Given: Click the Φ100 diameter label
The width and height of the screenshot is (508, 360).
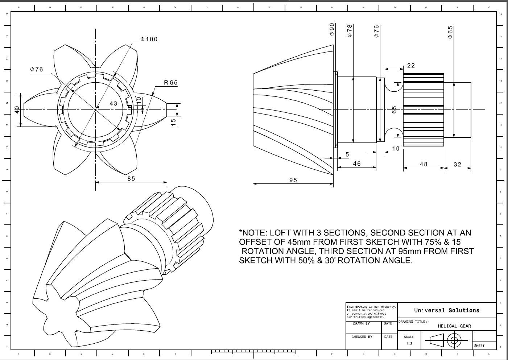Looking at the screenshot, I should click(x=149, y=39).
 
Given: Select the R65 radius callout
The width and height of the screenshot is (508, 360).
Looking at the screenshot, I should click(x=171, y=83).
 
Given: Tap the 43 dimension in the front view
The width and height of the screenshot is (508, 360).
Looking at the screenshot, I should click(x=113, y=104).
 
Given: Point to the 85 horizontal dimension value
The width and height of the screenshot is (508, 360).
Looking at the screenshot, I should click(x=131, y=178).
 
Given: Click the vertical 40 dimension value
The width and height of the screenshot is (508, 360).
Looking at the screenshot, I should click(x=17, y=109).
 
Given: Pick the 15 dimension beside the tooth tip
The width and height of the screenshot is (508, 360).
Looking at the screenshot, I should click(x=174, y=122).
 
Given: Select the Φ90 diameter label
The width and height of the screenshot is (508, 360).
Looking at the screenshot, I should click(x=332, y=29).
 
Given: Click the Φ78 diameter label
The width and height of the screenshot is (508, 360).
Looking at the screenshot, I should click(x=350, y=31).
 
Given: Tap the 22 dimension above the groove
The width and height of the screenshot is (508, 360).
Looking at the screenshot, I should click(x=411, y=66).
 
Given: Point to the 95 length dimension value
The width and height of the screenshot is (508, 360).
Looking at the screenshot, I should click(x=293, y=180).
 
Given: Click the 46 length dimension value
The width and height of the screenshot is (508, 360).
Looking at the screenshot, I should click(x=357, y=164).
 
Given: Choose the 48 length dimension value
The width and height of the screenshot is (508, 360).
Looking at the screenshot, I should click(x=424, y=164).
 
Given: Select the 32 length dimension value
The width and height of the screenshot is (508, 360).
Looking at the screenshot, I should click(x=458, y=164).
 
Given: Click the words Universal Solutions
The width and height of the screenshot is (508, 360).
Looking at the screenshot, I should click(x=446, y=310).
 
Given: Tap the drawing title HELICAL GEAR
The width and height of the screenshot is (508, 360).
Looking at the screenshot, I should click(x=454, y=326).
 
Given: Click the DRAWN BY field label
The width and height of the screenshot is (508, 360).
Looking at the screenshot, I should click(x=362, y=323).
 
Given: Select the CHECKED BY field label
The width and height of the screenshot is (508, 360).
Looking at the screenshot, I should click(x=362, y=337).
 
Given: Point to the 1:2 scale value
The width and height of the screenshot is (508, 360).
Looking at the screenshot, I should click(x=409, y=343).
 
